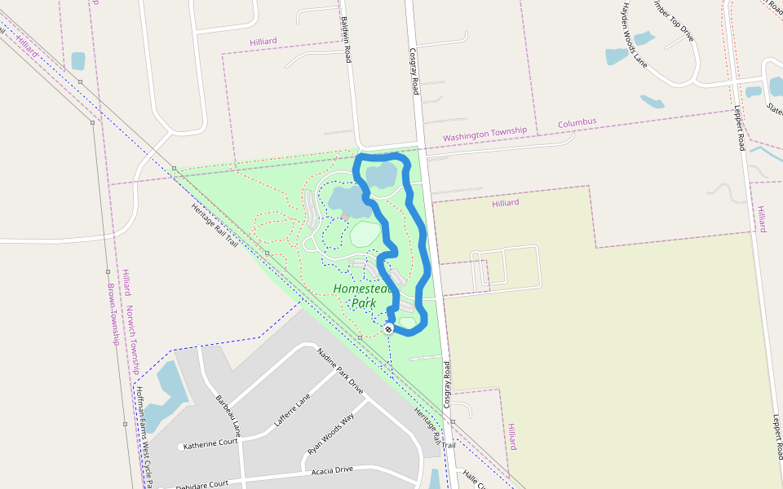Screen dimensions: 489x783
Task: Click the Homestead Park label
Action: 363,296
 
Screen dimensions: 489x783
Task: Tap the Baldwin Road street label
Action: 346,40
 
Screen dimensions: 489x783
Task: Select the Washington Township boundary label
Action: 484,133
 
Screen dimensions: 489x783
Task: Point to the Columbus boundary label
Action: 577,122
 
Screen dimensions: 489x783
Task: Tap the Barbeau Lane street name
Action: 228,414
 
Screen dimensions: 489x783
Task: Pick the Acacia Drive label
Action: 332,470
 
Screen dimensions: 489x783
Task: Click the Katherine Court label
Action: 210,445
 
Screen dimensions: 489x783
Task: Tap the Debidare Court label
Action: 202,485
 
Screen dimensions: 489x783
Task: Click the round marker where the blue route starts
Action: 388,328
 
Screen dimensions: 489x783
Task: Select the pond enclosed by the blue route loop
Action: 381,175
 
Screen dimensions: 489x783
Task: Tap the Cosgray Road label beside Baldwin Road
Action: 414,71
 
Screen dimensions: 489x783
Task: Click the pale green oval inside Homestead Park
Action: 365,234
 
